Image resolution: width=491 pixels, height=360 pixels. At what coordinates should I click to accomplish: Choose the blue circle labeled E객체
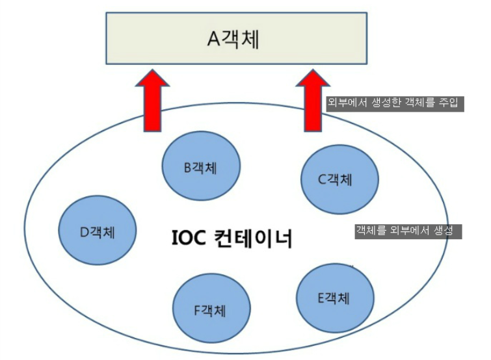tap(335, 298)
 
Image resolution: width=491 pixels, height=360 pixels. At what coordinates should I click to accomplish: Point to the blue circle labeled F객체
tap(212, 308)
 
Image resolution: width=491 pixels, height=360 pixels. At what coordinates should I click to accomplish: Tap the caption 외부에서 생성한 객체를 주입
tap(394, 103)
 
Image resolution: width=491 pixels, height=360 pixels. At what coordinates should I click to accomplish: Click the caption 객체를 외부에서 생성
tap(408, 231)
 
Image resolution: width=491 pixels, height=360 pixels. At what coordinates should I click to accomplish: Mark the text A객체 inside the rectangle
tap(233, 38)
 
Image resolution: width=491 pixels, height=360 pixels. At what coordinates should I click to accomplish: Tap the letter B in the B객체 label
tap(187, 168)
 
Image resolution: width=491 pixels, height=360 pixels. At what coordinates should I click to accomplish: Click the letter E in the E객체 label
tap(321, 299)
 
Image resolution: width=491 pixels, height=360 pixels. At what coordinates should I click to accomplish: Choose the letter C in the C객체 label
tap(321, 179)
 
